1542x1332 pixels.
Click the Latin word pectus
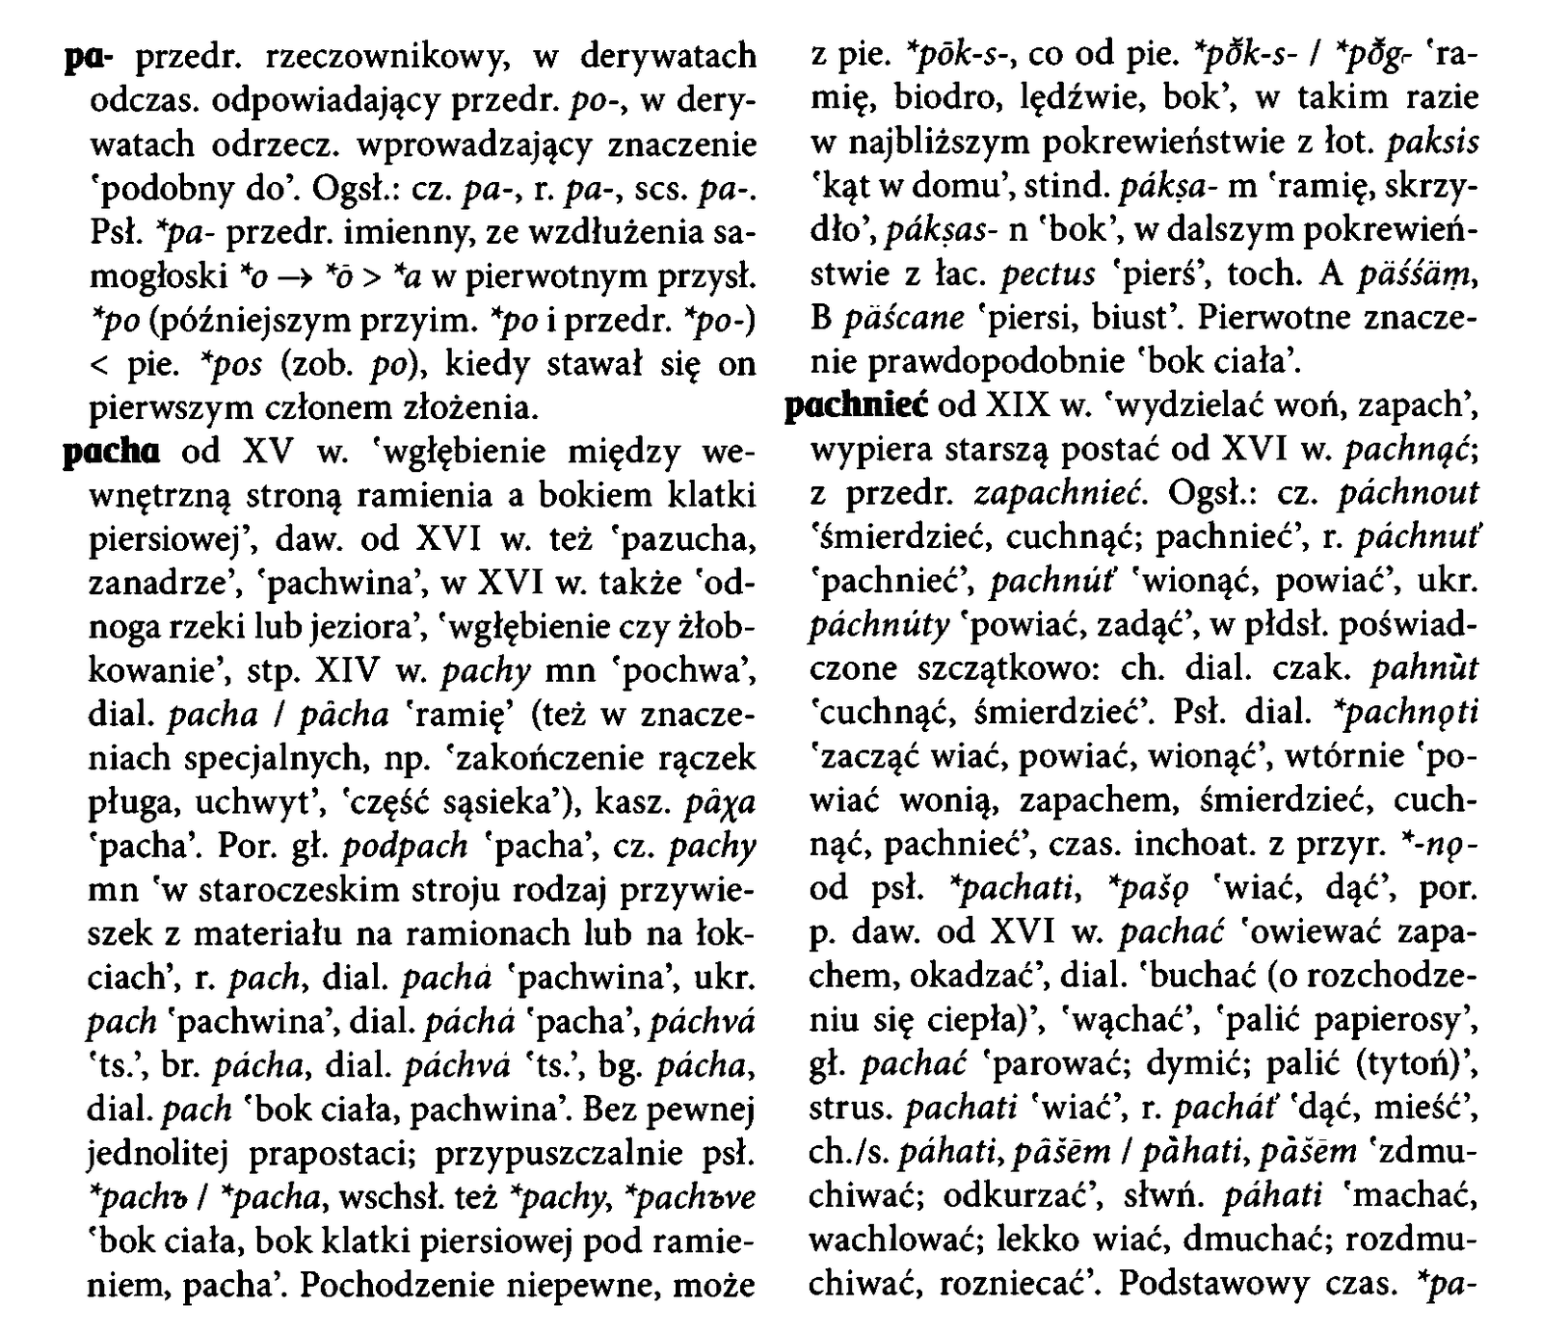point(1048,275)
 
